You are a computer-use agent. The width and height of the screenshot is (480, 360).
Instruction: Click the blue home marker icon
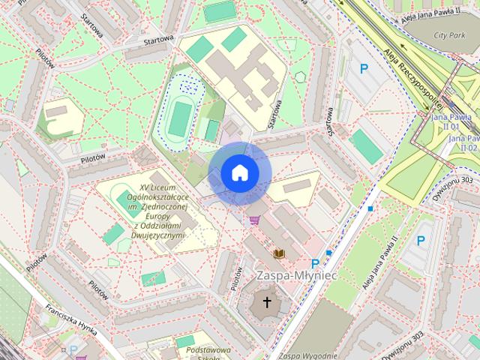239,173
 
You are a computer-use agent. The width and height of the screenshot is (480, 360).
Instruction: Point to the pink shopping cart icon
256,220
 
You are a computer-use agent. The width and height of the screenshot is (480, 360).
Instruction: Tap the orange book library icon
280,254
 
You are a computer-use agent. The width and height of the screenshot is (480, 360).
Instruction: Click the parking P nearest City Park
364,69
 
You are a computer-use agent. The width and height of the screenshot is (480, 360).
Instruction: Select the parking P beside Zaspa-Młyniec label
315,263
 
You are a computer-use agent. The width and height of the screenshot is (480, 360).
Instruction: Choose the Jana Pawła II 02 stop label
464,142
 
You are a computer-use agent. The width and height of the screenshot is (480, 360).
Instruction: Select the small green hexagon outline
300,76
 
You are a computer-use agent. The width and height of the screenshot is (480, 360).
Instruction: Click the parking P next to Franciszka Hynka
73,349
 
